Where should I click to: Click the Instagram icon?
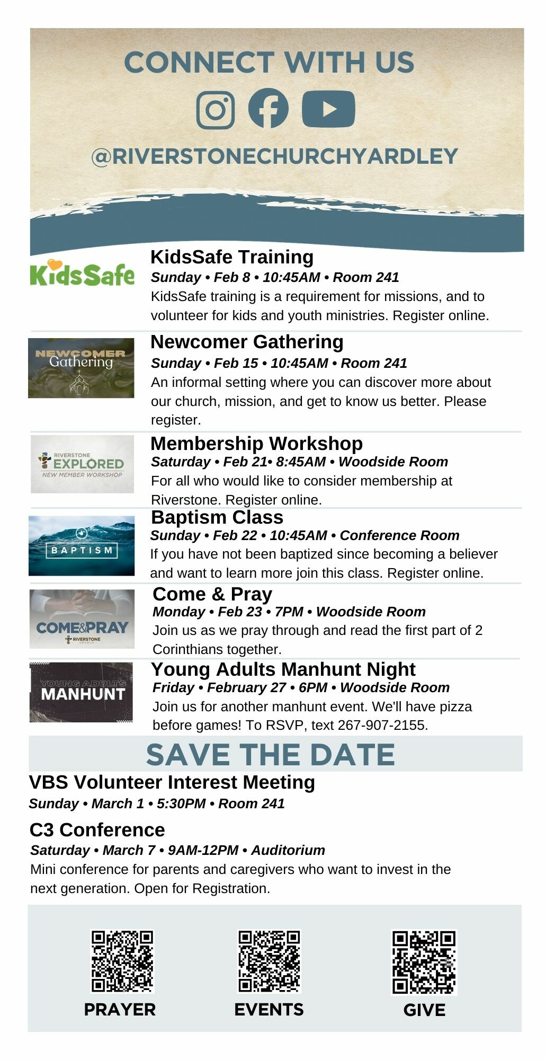pyautogui.click(x=216, y=110)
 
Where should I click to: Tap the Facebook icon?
pyautogui.click(x=268, y=108)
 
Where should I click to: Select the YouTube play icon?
pyautogui.click(x=328, y=109)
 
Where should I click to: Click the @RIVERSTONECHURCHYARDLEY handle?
pyautogui.click(x=274, y=156)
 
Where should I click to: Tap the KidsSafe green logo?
pyautogui.click(x=82, y=273)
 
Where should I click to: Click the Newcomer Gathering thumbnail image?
pyautogui.click(x=81, y=368)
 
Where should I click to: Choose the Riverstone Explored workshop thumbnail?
pyautogui.click(x=82, y=464)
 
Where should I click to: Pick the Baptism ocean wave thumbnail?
pyautogui.click(x=82, y=545)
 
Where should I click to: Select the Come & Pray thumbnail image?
pyautogui.click(x=82, y=619)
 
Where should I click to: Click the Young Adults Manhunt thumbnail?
pyautogui.click(x=81, y=692)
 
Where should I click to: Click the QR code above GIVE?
pyautogui.click(x=424, y=962)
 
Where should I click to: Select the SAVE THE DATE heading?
pyautogui.click(x=271, y=754)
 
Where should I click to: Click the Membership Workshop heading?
pyautogui.click(x=257, y=443)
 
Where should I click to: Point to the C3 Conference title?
pyautogui.click(x=97, y=829)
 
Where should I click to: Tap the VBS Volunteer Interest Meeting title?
pyautogui.click(x=172, y=782)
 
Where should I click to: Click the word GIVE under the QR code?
pyautogui.click(x=424, y=1010)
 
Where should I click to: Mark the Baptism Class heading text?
pyautogui.click(x=217, y=517)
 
